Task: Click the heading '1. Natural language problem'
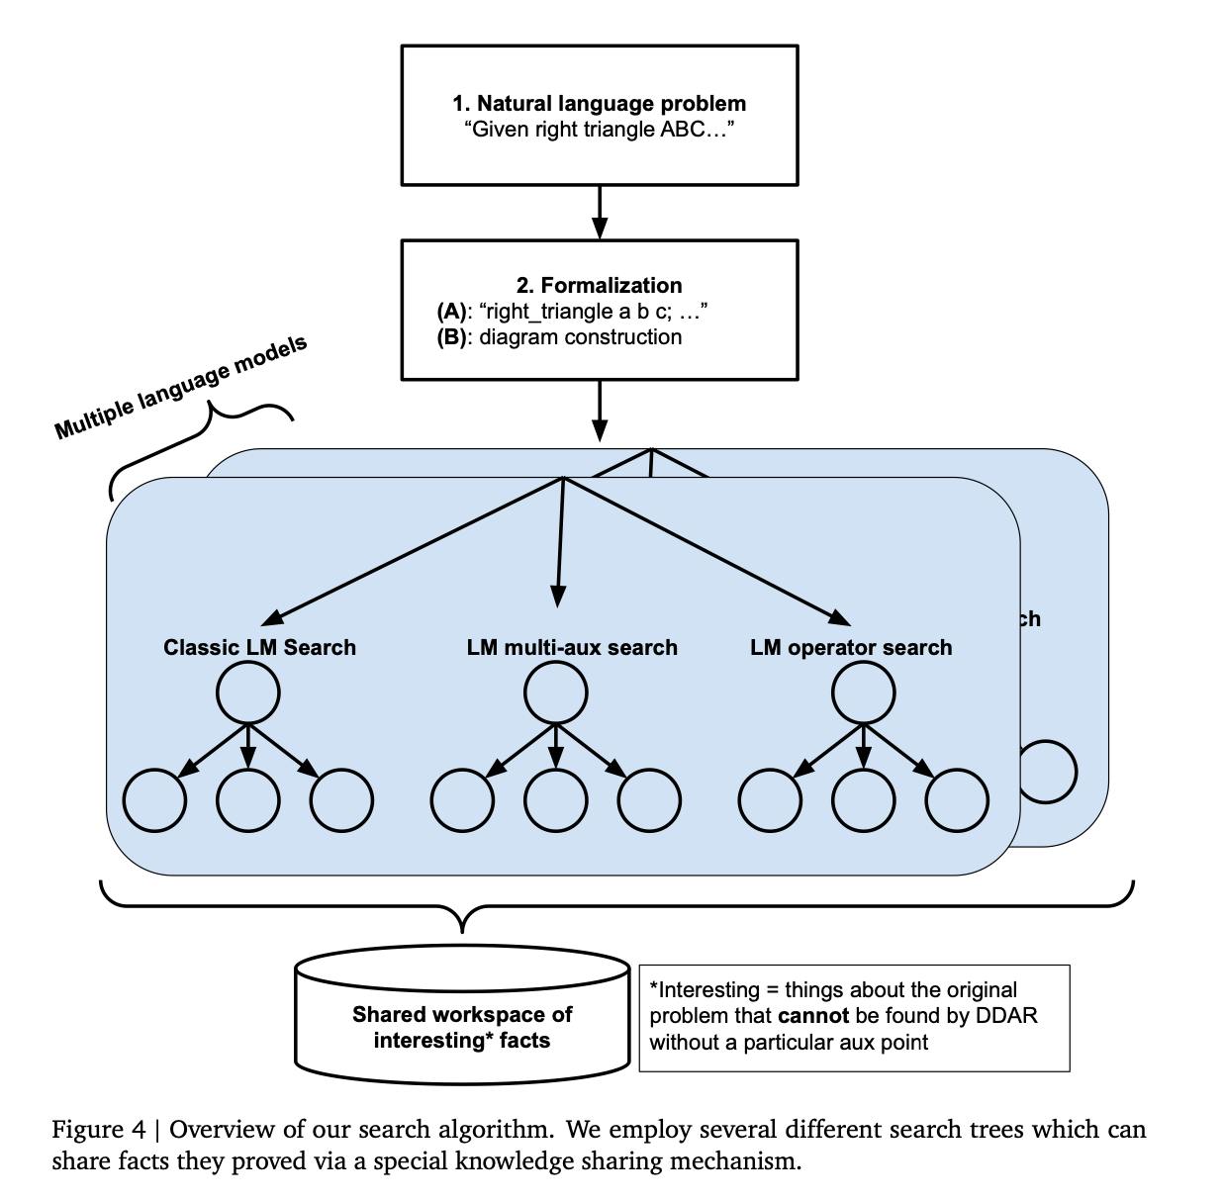click(x=599, y=104)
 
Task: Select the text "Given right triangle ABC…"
click(x=599, y=130)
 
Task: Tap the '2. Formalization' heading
click(x=599, y=286)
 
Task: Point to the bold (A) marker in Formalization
click(x=451, y=312)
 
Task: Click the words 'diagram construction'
click(x=580, y=337)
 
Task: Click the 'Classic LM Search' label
click(x=259, y=647)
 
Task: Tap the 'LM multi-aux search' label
click(x=572, y=647)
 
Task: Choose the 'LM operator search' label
click(x=851, y=647)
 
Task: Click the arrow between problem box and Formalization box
click(x=599, y=213)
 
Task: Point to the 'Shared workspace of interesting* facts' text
click(x=462, y=1027)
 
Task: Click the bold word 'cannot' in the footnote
click(x=813, y=1016)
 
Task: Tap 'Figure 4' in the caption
click(x=99, y=1130)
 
